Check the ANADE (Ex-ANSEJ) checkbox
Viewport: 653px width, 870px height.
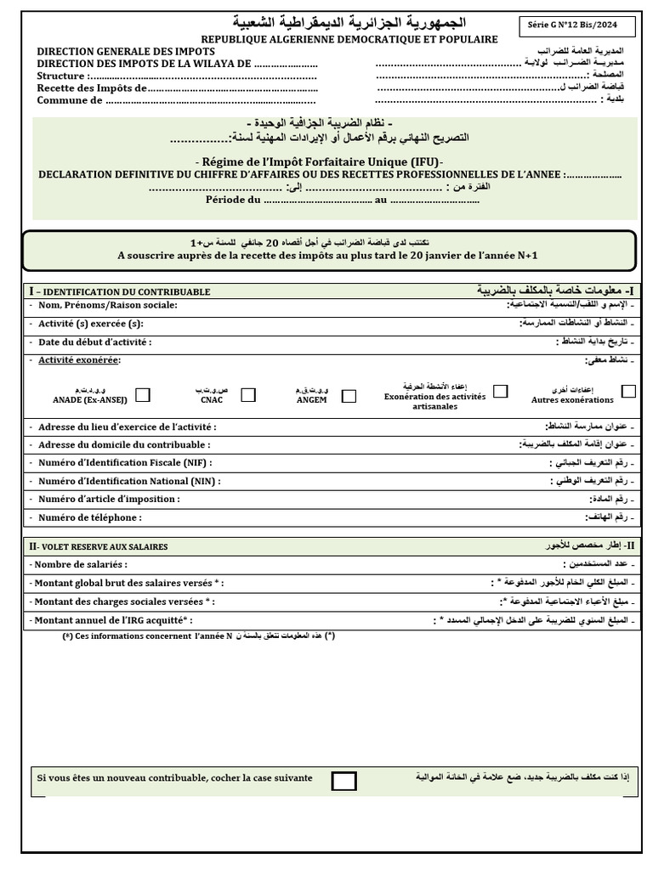tap(143, 394)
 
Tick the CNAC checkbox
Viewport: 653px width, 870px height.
tap(248, 394)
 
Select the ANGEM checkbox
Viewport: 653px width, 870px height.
tap(349, 395)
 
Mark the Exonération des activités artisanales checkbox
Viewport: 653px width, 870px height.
tap(501, 391)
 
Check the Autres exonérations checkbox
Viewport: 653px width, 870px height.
tap(628, 391)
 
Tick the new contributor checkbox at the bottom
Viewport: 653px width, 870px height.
tap(344, 781)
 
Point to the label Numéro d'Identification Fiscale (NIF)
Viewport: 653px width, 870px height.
tap(125, 462)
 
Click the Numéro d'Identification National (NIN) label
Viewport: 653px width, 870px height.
tap(129, 481)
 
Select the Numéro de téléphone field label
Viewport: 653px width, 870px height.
tap(90, 517)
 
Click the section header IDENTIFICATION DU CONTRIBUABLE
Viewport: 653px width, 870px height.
tap(121, 291)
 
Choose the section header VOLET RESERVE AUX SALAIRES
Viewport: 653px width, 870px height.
tap(99, 546)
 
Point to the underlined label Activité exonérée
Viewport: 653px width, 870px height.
tap(79, 360)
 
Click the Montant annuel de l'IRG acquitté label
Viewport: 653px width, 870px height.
tap(111, 621)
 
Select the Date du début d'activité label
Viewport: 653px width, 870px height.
tap(94, 342)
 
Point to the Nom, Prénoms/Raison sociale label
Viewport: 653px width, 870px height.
tap(107, 305)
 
